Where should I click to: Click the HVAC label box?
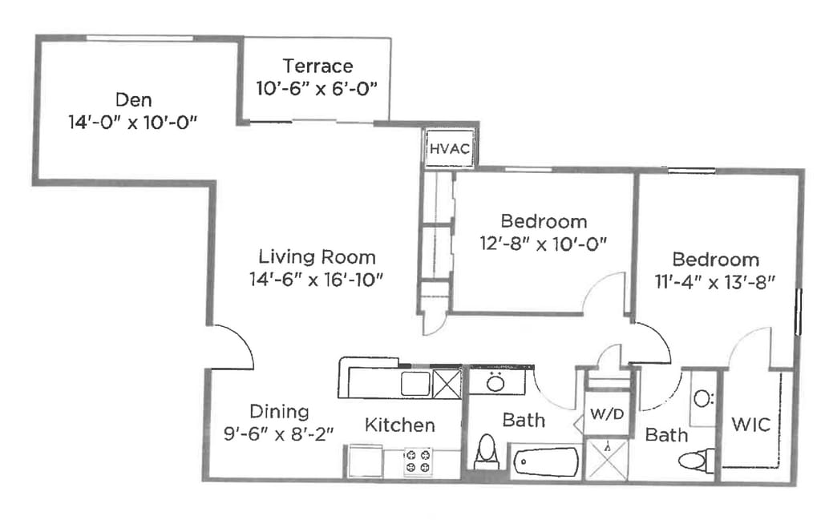(x=450, y=148)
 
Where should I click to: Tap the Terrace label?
(x=317, y=67)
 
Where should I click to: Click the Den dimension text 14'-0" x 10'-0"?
(x=133, y=123)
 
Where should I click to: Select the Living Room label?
(x=317, y=257)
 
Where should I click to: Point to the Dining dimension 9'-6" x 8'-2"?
(x=278, y=433)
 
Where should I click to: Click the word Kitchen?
(x=399, y=425)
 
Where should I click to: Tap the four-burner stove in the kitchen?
(x=418, y=461)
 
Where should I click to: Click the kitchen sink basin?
(x=416, y=384)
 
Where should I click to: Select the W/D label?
(x=607, y=414)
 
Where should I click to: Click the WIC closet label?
(x=750, y=425)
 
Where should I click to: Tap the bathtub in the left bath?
(x=546, y=462)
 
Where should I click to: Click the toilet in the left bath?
(x=487, y=451)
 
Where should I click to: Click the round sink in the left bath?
(x=495, y=384)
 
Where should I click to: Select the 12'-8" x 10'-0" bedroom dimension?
(x=544, y=244)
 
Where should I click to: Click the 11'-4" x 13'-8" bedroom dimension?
(x=714, y=282)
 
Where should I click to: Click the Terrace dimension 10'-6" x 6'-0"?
(x=317, y=88)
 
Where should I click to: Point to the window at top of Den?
(x=140, y=38)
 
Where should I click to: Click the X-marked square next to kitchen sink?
(x=447, y=384)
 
